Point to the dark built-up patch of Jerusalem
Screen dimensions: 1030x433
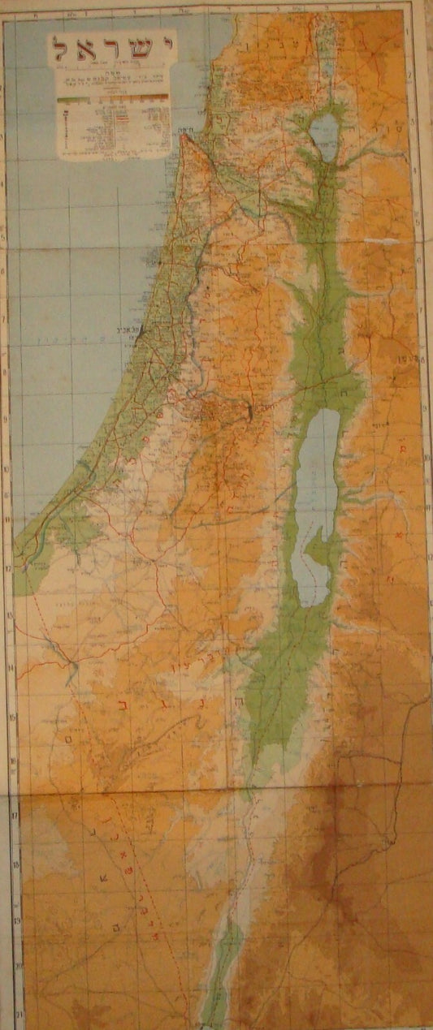pos(249,414)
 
